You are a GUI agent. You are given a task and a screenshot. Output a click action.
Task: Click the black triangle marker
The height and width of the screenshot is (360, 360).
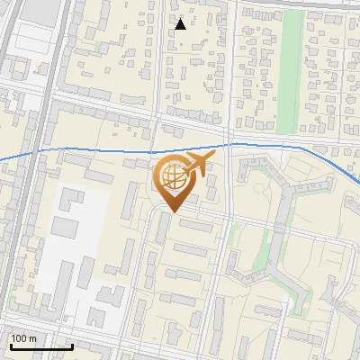[181, 24]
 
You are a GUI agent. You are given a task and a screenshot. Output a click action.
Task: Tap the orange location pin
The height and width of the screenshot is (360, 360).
[173, 184]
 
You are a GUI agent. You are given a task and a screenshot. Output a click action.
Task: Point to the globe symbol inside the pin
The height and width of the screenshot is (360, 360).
[172, 178]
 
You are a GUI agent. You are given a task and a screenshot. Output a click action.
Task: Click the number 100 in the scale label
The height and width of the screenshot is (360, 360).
[20, 338]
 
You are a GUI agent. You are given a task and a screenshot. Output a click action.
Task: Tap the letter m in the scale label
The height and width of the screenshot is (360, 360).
[32, 338]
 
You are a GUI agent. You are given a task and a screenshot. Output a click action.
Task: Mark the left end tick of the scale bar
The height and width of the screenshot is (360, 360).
[10, 346]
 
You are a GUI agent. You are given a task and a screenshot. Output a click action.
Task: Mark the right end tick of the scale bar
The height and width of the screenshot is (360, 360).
[72, 346]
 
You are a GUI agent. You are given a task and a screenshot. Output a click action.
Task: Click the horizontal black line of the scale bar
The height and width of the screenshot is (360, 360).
[40, 347]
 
